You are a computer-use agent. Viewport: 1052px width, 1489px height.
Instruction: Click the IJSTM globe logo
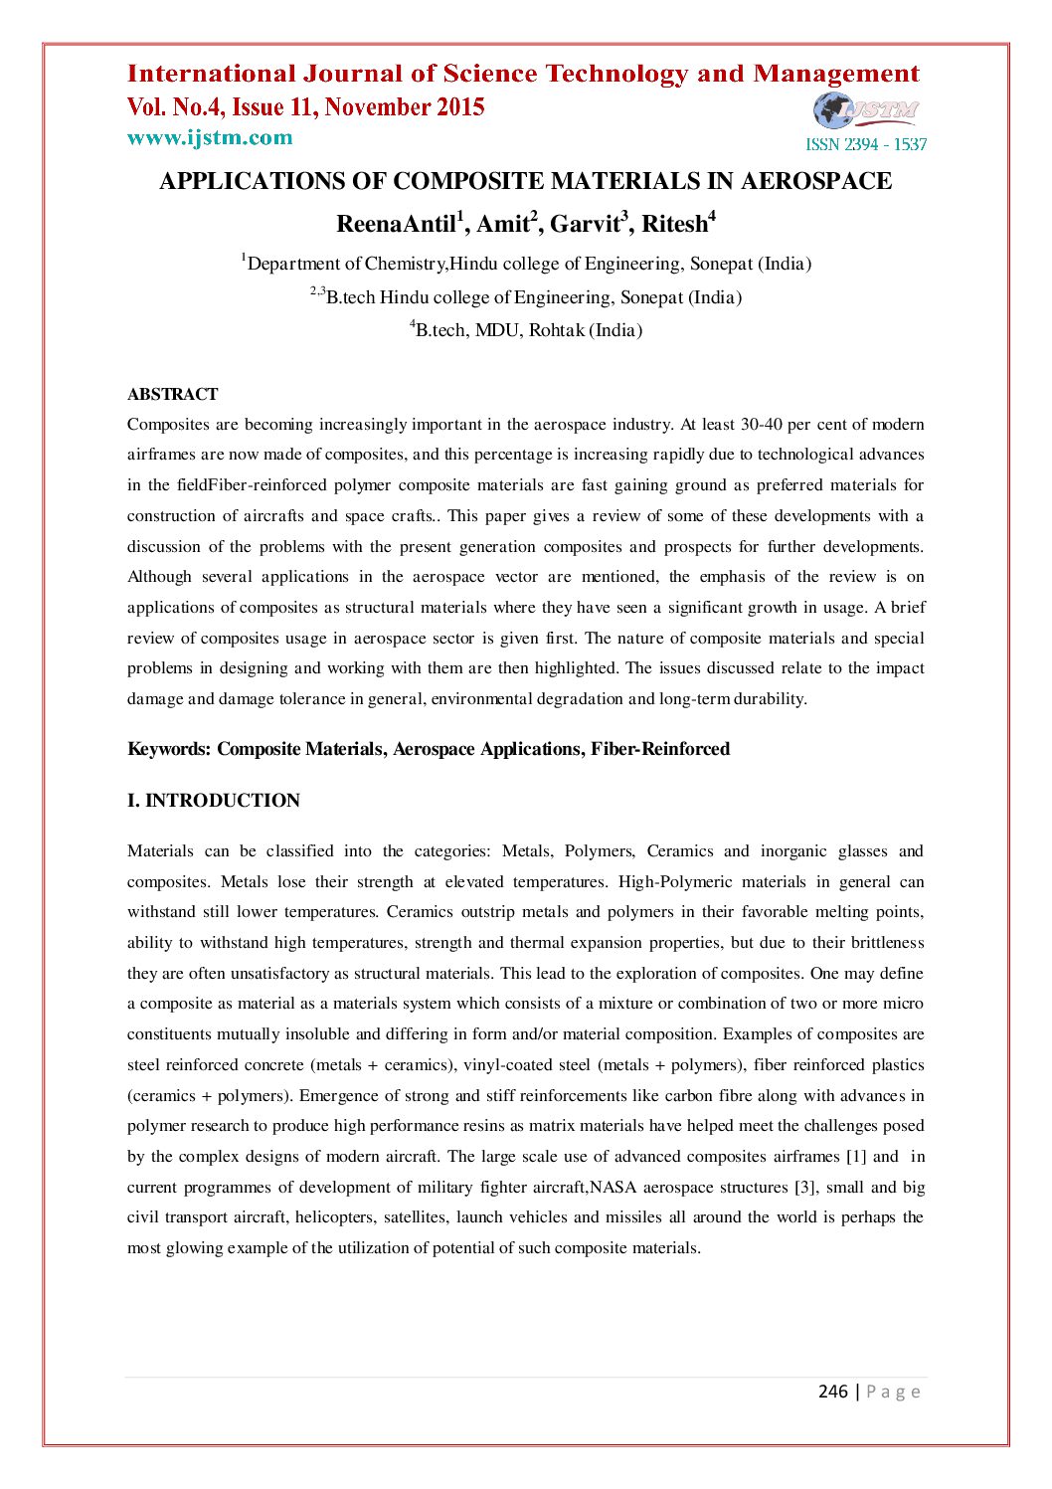[x=866, y=110]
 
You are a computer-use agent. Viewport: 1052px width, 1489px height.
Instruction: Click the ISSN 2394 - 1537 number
[x=865, y=144]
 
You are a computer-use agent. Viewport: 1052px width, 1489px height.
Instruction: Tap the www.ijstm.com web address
[x=210, y=137]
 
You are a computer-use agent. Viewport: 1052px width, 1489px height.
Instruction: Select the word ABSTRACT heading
[x=172, y=394]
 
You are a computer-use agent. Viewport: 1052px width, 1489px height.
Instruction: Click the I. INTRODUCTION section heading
[x=214, y=801]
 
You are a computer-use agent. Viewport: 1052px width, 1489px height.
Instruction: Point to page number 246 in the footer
[x=832, y=1392]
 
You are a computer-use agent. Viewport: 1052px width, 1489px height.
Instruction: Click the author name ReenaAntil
[x=396, y=224]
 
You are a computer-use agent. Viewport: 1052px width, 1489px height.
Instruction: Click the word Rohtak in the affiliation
[x=556, y=330]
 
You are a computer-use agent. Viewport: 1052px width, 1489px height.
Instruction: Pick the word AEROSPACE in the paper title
[x=816, y=181]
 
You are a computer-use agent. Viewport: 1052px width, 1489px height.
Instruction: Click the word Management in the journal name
[x=836, y=74]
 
